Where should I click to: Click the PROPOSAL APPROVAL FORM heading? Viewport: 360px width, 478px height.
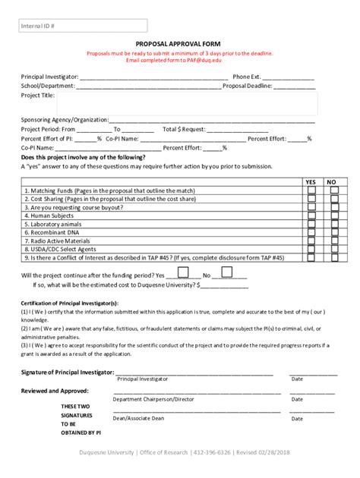179,45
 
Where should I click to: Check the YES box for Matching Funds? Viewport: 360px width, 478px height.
311,191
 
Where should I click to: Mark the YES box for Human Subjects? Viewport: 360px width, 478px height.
311,215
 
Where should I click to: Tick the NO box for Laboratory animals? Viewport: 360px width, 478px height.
332,224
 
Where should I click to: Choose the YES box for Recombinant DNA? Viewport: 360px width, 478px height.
311,232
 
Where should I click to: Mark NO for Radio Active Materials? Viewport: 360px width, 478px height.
332,241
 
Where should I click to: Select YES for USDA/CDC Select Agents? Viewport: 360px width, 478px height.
311,249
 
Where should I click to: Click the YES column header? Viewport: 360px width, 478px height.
311,182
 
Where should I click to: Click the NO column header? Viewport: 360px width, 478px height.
332,182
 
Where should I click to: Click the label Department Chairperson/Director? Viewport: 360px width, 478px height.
153,398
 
